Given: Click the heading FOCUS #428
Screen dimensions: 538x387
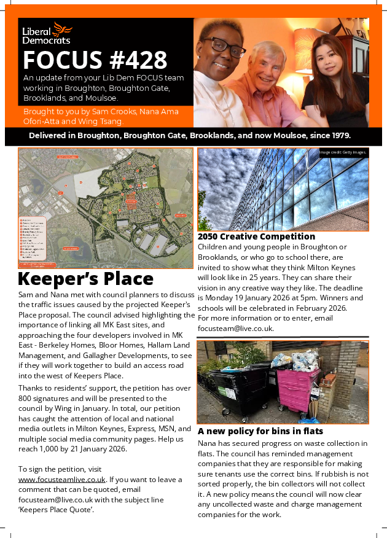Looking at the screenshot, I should pyautogui.click(x=95, y=60).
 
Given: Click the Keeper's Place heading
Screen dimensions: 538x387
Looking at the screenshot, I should pyautogui.click(x=85, y=278).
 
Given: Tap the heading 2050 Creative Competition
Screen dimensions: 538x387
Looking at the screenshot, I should pyautogui.click(x=256, y=236).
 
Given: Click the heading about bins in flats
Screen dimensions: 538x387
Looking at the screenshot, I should pyautogui.click(x=260, y=431).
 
